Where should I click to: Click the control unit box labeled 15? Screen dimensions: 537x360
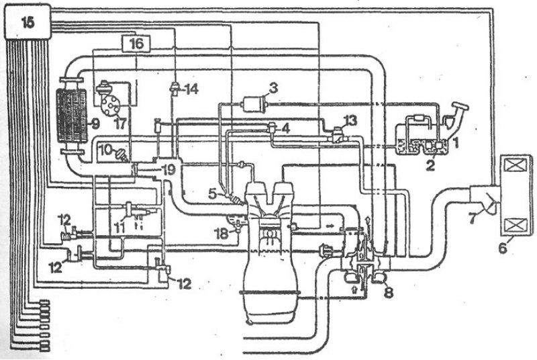pyautogui.click(x=28, y=21)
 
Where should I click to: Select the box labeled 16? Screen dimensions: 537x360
pyautogui.click(x=136, y=43)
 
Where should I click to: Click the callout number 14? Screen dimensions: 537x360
pyautogui.click(x=192, y=89)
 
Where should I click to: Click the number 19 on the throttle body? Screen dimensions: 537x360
pyautogui.click(x=169, y=169)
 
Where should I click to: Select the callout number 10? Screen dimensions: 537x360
pyautogui.click(x=106, y=150)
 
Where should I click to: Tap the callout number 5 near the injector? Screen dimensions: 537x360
pyautogui.click(x=213, y=194)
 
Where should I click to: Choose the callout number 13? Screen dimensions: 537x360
pyautogui.click(x=350, y=120)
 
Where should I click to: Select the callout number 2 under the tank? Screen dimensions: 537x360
pyautogui.click(x=430, y=166)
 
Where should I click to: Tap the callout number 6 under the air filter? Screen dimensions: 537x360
pyautogui.click(x=502, y=248)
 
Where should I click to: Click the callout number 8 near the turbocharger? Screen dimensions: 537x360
pyautogui.click(x=389, y=292)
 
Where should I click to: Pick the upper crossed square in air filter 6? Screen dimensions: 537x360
pyautogui.click(x=516, y=167)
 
